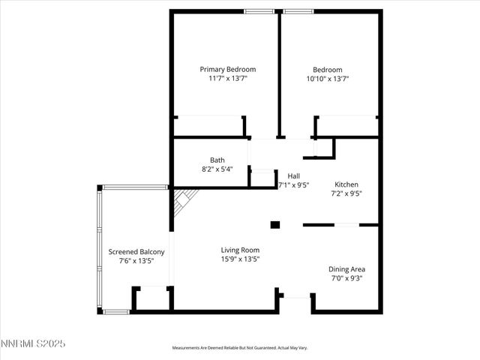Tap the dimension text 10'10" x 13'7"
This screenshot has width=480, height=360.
pos(328,79)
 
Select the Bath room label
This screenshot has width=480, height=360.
pos(217,160)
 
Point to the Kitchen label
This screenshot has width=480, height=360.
pos(346,184)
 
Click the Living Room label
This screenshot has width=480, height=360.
pos(240,250)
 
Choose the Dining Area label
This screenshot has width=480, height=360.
pos(346,268)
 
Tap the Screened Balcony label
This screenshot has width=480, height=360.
pos(131,252)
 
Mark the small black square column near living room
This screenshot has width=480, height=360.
pos(274,223)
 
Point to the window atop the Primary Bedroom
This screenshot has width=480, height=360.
pos(259,11)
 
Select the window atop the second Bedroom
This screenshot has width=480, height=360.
pos(299,11)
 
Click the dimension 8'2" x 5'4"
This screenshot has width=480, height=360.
pos(217,169)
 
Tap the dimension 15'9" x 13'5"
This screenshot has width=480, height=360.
pos(240,259)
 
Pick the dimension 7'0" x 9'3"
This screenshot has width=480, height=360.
pos(346,278)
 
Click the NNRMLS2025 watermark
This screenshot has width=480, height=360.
pos(33,343)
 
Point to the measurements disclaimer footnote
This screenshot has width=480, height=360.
pos(240,348)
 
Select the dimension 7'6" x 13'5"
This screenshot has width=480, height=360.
pos(131,262)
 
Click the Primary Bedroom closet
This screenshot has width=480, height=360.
pos(208,126)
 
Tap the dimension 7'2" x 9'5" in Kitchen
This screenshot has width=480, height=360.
pos(346,193)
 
